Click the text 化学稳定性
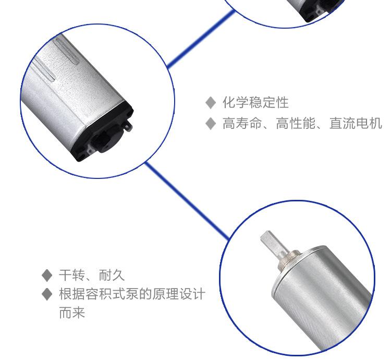[x=255, y=103]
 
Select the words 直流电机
[x=356, y=123]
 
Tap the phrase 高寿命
[x=242, y=123]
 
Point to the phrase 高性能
[x=296, y=123]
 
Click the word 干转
[x=72, y=275]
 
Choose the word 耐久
[x=112, y=275]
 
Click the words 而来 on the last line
[x=72, y=313]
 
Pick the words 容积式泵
[x=112, y=294]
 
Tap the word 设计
[x=192, y=294]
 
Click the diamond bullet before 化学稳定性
[x=211, y=103]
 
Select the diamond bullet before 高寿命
[x=211, y=124]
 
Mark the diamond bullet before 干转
[x=47, y=275]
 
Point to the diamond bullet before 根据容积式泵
[x=47, y=294]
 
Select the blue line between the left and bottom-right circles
[x=187, y=200]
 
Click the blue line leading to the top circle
[x=201, y=39]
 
